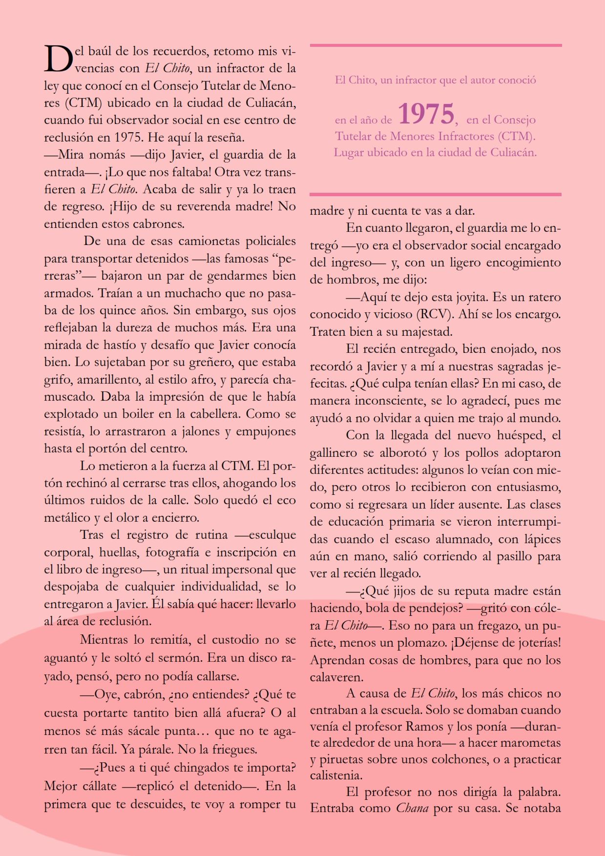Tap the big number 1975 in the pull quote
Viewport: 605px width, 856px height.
[x=426, y=114]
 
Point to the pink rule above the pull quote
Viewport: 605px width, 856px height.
[x=436, y=45]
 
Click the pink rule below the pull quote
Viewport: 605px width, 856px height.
[x=436, y=194]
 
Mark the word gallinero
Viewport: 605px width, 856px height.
[x=333, y=453]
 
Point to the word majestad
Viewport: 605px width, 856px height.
[x=427, y=332]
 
